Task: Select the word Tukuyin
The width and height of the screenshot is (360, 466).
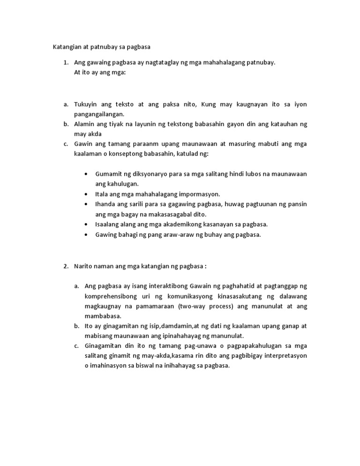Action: pos(86,104)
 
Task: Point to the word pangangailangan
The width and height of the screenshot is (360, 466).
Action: pos(99,114)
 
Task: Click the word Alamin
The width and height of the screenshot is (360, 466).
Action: pos(85,124)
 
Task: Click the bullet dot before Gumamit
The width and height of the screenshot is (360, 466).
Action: pos(86,174)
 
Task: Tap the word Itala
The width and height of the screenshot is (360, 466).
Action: pos(102,194)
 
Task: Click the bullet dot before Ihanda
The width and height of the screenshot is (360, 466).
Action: pos(86,204)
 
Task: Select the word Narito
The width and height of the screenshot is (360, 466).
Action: pos(83,266)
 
